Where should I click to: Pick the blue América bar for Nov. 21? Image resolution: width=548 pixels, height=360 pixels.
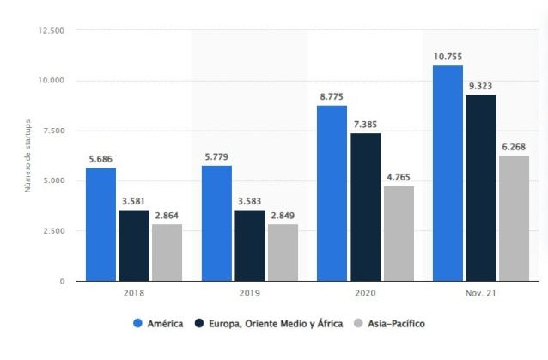coord(448,173)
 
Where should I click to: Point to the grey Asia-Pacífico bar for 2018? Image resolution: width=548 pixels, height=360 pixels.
coord(167,253)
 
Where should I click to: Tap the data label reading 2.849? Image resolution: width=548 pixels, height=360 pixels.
coord(283,217)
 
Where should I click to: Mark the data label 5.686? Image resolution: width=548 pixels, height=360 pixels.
coord(100,160)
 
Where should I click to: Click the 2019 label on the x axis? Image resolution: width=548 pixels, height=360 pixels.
coord(249,295)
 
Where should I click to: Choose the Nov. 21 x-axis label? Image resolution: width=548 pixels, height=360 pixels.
coord(481,295)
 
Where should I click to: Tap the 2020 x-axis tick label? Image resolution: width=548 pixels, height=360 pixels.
coord(365,295)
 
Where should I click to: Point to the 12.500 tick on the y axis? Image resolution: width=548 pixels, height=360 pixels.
coord(52,31)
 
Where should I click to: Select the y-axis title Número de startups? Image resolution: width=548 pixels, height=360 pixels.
coord(29,156)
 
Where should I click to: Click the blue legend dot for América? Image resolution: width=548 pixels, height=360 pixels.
coord(137,324)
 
